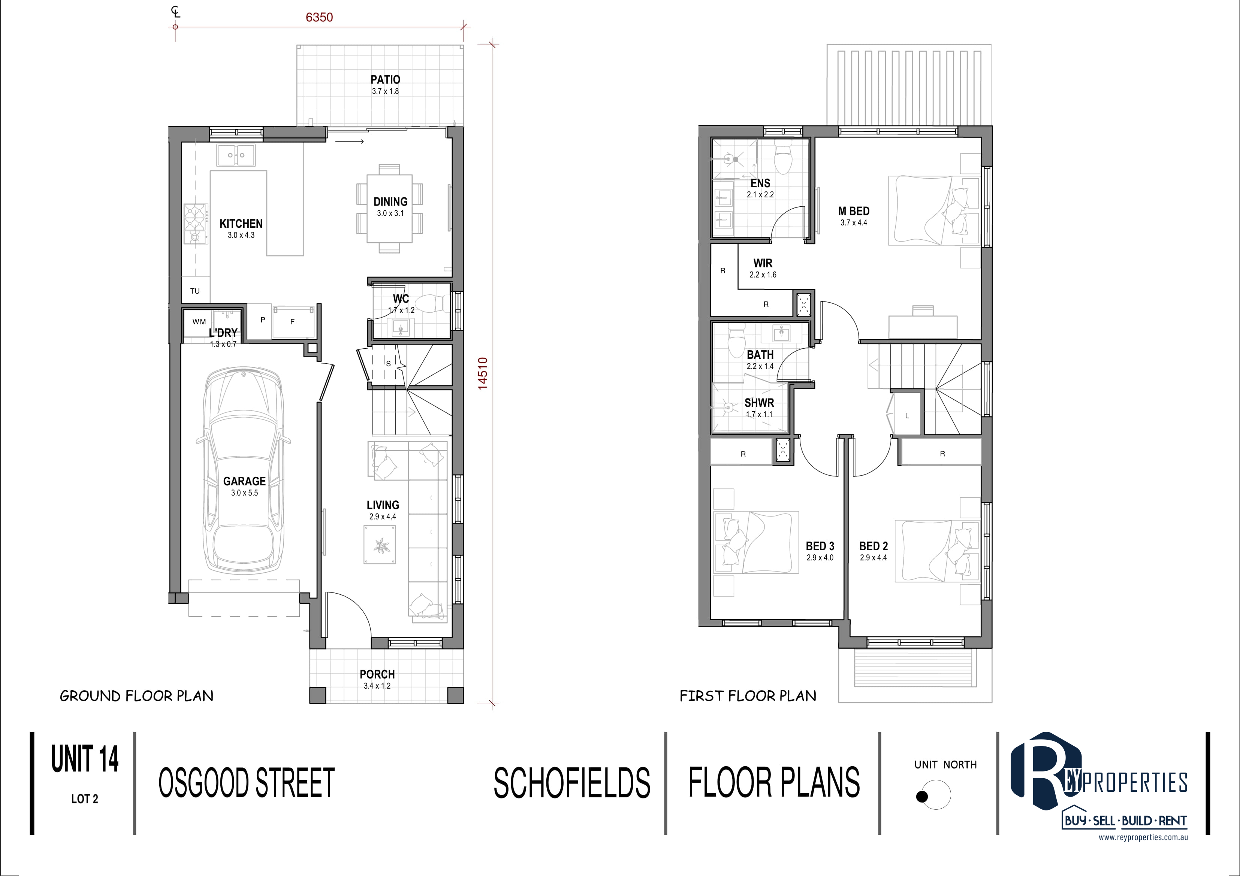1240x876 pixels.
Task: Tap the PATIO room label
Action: [x=385, y=79]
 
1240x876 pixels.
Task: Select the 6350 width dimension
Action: [x=319, y=17]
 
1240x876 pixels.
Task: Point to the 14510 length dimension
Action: [x=482, y=373]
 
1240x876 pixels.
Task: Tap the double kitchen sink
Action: [x=236, y=155]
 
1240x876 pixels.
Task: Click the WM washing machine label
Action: [x=199, y=322]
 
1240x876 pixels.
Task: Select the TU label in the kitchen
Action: [x=195, y=291]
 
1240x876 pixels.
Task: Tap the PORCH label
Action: [x=377, y=674]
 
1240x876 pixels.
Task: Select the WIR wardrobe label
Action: [x=763, y=263]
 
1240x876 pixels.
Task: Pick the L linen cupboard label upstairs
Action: [x=907, y=416]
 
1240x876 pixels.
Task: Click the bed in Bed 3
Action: [x=757, y=542]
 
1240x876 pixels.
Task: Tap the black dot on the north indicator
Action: [x=922, y=796]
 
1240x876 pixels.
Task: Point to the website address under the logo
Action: [x=1143, y=838]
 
